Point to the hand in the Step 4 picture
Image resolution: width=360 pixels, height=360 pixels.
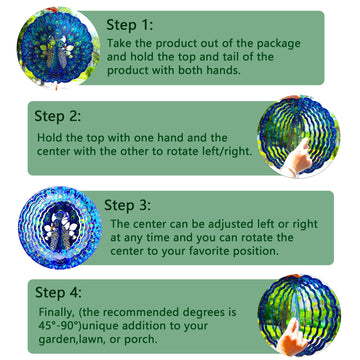pyautogui.click(x=293, y=337)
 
